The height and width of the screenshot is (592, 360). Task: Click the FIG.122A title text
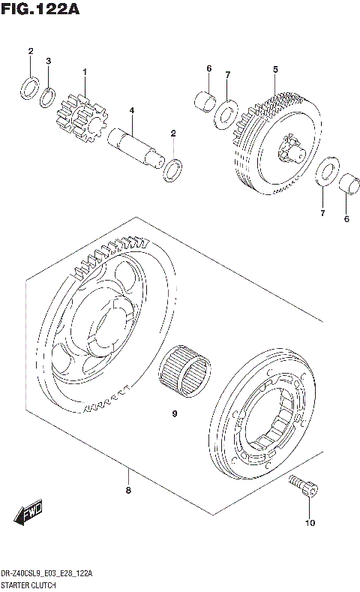point(40,10)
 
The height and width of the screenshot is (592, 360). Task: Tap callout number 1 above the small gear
point(85,72)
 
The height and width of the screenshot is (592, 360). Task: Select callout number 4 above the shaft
point(131,110)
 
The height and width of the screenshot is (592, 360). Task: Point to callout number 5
point(275,70)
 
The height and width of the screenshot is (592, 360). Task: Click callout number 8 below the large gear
point(128,491)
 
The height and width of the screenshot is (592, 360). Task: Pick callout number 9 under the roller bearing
point(174,413)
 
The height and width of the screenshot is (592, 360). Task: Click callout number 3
point(48,61)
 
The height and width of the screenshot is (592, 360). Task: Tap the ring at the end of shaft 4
point(171,170)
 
